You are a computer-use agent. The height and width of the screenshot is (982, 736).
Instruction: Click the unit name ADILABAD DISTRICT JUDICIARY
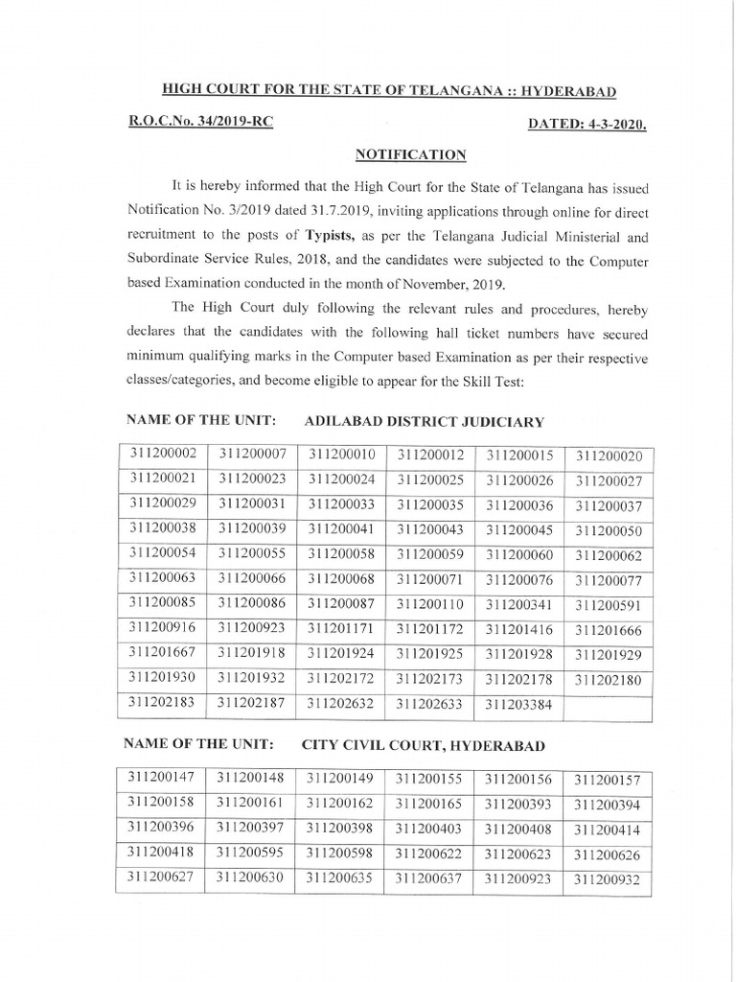(424, 421)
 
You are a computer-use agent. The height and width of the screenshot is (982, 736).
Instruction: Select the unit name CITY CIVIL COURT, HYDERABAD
(423, 745)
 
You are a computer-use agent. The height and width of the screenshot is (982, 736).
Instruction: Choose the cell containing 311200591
(608, 605)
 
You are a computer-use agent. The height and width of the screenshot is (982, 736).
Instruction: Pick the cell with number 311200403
(428, 829)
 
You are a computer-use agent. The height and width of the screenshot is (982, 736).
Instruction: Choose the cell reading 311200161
(249, 803)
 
